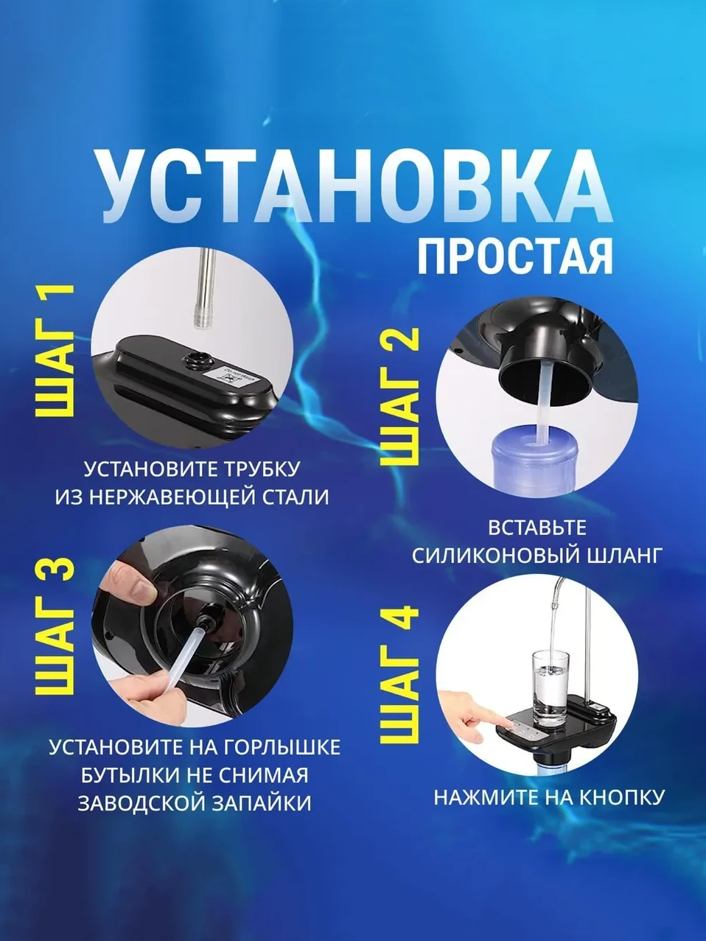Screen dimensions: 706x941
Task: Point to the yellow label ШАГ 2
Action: pos(398,397)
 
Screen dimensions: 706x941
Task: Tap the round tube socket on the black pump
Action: pos(199,356)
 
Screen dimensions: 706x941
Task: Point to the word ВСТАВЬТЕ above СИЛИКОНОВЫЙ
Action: pos(537,528)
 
